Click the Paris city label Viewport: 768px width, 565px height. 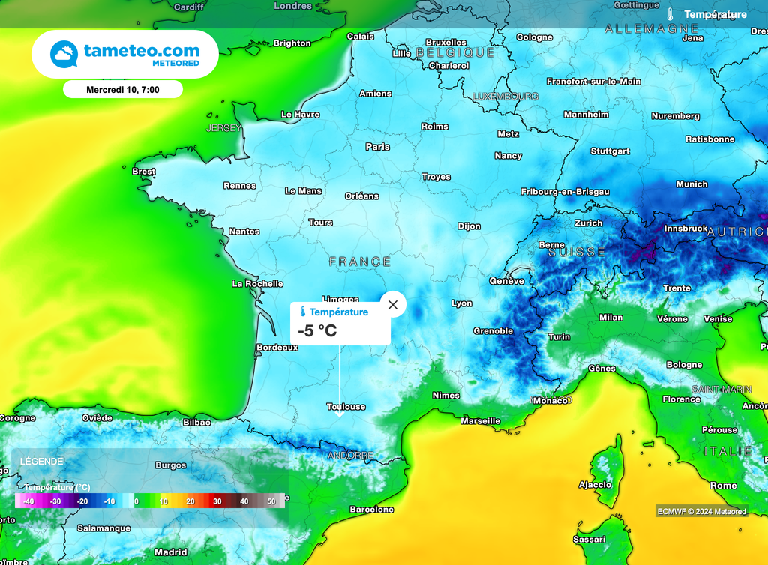(378, 147)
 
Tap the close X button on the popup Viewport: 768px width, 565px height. (393, 305)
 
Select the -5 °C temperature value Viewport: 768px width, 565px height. (317, 330)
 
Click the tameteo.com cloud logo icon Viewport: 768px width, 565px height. (64, 55)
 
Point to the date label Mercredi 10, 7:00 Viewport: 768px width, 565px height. (123, 89)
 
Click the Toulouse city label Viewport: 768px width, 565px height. (346, 407)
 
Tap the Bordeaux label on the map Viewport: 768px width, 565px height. (277, 348)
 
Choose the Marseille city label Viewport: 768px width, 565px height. (480, 421)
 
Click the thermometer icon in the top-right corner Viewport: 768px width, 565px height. (670, 14)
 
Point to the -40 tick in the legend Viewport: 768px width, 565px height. (28, 501)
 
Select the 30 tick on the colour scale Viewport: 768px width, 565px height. (217, 501)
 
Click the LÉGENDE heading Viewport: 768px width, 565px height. (42, 462)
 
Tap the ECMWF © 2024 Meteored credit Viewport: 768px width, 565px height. (701, 512)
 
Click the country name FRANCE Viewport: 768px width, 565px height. (360, 262)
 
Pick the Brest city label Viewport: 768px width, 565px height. (143, 172)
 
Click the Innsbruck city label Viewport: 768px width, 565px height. (685, 229)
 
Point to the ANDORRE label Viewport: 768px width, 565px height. (350, 456)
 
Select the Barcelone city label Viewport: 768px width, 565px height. (371, 510)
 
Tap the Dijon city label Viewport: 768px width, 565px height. (469, 226)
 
